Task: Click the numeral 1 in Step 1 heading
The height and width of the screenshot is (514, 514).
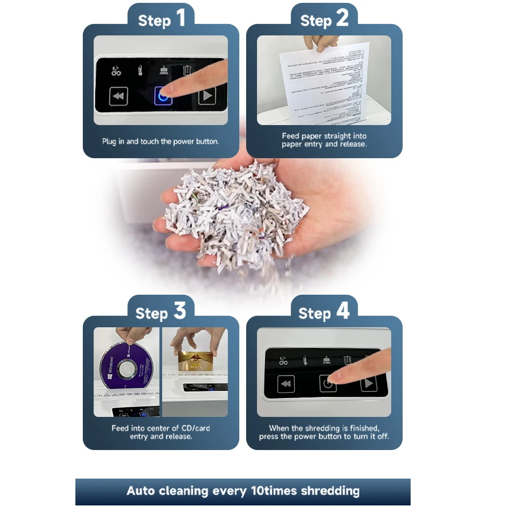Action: coord(180,19)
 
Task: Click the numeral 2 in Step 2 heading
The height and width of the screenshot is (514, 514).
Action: coord(342,19)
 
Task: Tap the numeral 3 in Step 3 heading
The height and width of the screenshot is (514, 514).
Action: coord(179,311)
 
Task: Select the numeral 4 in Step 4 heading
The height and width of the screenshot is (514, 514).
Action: coord(343,311)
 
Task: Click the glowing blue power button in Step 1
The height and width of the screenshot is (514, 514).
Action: coord(163,96)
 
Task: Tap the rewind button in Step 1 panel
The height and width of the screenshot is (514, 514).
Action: coord(118,96)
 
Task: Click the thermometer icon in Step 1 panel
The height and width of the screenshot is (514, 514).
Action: coord(139,71)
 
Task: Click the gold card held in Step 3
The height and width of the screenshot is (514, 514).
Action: coord(195,362)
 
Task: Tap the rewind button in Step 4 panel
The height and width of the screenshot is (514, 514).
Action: coord(286,384)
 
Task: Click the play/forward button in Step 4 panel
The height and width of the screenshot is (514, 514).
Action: coord(368,384)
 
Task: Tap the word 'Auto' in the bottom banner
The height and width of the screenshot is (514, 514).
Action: coord(141,491)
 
